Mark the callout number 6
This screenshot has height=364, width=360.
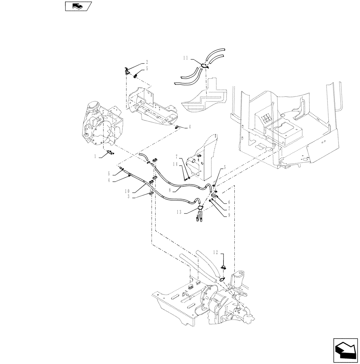point(228,202)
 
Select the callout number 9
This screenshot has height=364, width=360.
point(228,215)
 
